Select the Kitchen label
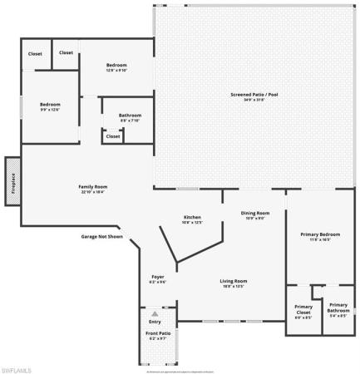click(x=192, y=218)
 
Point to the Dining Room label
click(x=255, y=213)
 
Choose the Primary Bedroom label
click(x=320, y=234)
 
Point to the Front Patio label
click(x=157, y=334)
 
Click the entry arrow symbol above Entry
click(x=155, y=313)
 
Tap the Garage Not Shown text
click(x=101, y=236)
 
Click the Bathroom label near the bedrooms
click(x=130, y=116)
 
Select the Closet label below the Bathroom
click(x=112, y=136)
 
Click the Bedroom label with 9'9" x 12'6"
click(x=51, y=105)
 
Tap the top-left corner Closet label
click(x=35, y=53)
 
